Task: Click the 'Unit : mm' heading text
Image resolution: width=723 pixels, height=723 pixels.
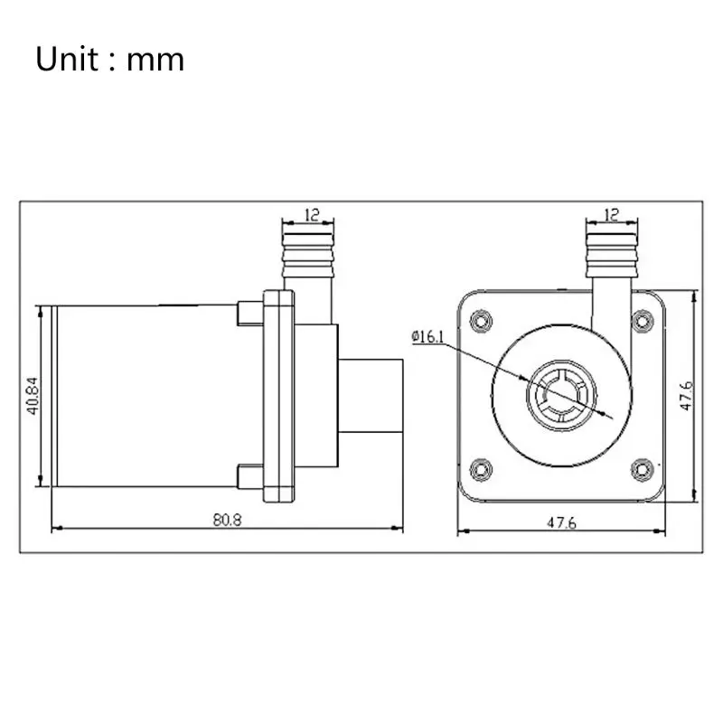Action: tap(110, 60)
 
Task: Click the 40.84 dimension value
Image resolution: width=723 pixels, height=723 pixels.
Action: tap(33, 396)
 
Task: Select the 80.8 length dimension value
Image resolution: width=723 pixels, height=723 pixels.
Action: tap(229, 520)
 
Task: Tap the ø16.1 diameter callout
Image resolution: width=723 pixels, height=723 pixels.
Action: tap(428, 337)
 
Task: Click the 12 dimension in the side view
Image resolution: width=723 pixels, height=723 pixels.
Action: tap(311, 214)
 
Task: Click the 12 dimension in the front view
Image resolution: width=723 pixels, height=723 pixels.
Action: tap(611, 214)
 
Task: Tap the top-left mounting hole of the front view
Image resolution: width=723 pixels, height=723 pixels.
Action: tap(482, 319)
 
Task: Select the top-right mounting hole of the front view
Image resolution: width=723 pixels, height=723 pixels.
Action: tap(643, 319)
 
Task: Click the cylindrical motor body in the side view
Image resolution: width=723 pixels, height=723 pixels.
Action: tap(145, 396)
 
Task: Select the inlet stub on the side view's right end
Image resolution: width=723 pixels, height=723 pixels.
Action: tap(371, 395)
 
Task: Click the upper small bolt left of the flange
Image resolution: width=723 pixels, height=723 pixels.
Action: tap(246, 313)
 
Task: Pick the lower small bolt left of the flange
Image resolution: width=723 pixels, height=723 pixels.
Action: tap(246, 476)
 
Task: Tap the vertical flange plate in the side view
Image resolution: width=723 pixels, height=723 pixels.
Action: tap(278, 395)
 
